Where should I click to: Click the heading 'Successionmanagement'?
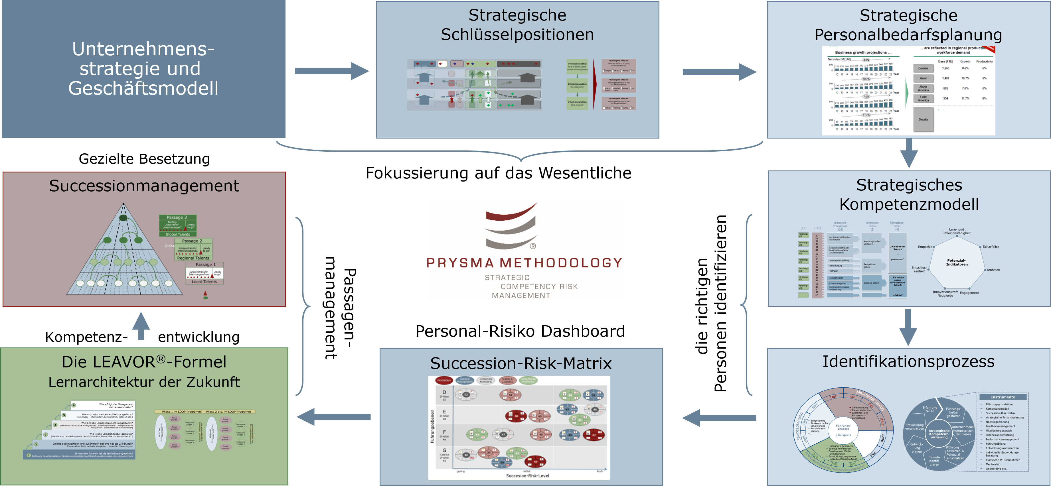(x=144, y=186)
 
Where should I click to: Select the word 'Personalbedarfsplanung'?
(x=908, y=35)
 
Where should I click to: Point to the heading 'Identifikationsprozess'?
(x=908, y=362)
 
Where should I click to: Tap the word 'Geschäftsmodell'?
(x=143, y=88)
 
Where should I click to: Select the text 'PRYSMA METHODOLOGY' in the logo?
(x=524, y=263)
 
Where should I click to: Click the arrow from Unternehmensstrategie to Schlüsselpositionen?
(x=331, y=71)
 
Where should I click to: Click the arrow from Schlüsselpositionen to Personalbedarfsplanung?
(x=719, y=72)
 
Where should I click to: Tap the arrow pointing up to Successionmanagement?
(x=141, y=326)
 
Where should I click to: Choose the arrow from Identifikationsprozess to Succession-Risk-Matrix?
(x=719, y=418)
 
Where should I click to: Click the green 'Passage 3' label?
(x=177, y=217)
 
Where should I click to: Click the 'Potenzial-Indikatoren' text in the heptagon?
(x=957, y=262)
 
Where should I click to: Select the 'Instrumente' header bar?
(x=1003, y=397)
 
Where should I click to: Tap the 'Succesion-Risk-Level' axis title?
(x=527, y=475)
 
